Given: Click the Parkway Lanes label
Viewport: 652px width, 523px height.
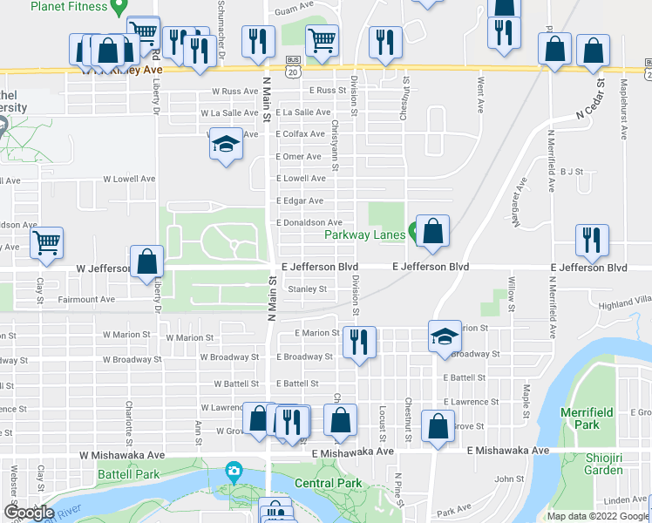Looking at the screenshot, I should tap(363, 234).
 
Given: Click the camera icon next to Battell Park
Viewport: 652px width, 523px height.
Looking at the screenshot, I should tap(233, 472).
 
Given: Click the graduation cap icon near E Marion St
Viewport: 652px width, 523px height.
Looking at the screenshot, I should tap(444, 336).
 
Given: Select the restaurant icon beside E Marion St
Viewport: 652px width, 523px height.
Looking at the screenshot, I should tap(358, 341).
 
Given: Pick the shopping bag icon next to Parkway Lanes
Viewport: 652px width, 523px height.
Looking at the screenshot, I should tap(432, 231).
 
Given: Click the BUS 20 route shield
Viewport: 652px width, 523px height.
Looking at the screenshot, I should tap(294, 65).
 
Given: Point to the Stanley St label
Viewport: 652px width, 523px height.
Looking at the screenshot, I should tap(307, 289).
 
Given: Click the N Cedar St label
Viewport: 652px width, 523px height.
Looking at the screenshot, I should tap(589, 101).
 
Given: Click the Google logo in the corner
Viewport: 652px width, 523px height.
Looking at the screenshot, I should tap(29, 513).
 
